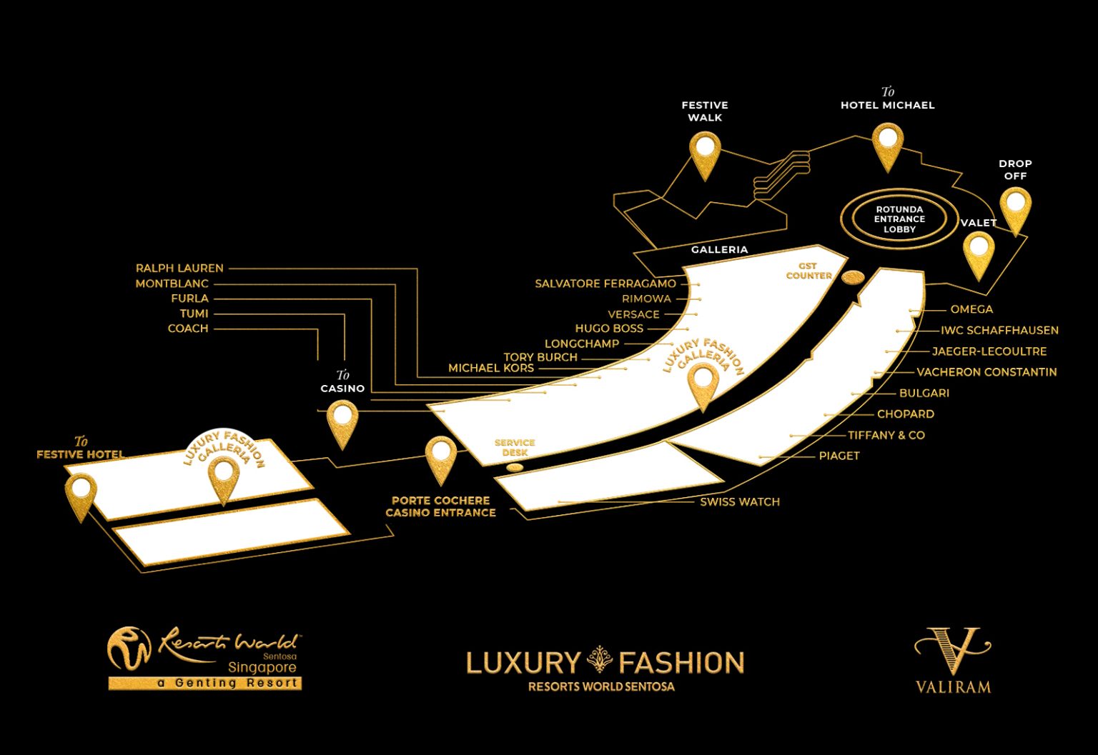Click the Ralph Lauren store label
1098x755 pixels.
(x=179, y=269)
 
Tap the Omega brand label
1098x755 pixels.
(x=971, y=309)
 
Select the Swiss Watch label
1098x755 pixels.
(x=740, y=502)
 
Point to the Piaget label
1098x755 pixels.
(x=839, y=456)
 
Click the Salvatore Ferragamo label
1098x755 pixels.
(x=605, y=284)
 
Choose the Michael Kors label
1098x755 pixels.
(x=491, y=369)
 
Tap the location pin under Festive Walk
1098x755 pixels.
(x=705, y=152)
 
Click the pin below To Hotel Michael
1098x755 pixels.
(x=888, y=144)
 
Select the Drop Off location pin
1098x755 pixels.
(x=1015, y=207)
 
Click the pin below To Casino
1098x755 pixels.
(x=342, y=420)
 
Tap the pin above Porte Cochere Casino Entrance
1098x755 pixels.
(x=440, y=456)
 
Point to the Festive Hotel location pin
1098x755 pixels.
(x=81, y=493)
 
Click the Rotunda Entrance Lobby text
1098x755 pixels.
(x=899, y=219)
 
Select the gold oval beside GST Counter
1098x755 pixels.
(x=853, y=276)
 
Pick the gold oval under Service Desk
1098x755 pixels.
(x=515, y=467)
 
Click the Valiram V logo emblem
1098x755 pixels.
(x=953, y=650)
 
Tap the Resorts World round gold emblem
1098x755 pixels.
(x=129, y=649)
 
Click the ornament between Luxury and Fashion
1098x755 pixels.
(x=600, y=661)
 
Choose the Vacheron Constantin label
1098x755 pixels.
(x=986, y=372)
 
